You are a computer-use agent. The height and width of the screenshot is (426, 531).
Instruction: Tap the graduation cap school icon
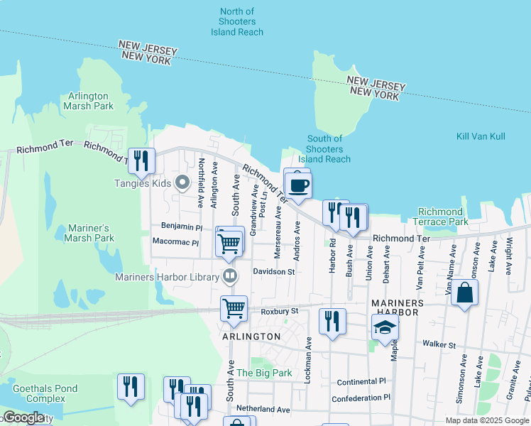[385, 327]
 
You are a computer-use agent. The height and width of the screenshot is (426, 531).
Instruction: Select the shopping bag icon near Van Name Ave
[464, 293]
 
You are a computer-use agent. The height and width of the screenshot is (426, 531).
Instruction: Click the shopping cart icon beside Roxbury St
[234, 309]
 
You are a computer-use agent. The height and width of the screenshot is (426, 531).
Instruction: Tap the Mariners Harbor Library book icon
[229, 275]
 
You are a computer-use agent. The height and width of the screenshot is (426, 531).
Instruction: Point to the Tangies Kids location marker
[182, 183]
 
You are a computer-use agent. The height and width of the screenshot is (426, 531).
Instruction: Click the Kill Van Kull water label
[481, 135]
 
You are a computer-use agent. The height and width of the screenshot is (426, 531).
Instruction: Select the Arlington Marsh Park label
[89, 101]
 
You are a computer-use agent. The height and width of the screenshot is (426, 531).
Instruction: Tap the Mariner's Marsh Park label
[90, 233]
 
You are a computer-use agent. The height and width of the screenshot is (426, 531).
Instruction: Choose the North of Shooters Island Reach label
[237, 22]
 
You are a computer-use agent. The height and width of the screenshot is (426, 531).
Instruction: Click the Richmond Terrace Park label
[440, 217]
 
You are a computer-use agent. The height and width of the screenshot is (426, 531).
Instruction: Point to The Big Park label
[253, 373]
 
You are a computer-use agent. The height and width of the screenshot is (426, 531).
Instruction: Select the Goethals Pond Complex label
[41, 393]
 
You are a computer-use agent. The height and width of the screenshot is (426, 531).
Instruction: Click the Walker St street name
[437, 344]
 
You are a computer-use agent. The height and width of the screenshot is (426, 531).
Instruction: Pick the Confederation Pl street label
[361, 398]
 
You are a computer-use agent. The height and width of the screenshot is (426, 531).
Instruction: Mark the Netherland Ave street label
[263, 410]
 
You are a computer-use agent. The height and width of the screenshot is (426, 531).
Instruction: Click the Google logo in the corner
[23, 417]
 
